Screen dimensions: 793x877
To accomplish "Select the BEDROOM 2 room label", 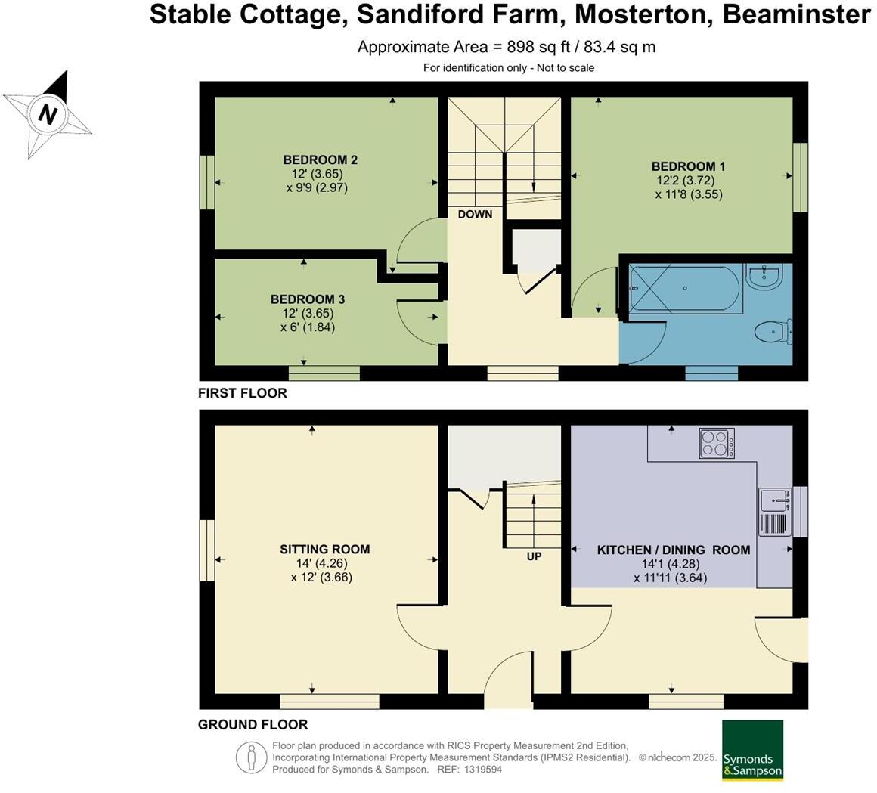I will point(320,160).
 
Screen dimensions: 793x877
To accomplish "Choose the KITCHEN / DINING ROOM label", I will point(673,550).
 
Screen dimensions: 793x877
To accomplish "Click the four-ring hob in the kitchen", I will point(714,442).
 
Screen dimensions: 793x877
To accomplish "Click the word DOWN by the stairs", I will point(475,215).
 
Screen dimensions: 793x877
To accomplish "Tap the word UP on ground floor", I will point(535,556).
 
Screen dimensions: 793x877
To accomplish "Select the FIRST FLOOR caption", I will point(242,393).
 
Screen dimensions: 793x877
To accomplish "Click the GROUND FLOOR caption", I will point(253,724).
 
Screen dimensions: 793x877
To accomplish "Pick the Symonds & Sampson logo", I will point(752,750).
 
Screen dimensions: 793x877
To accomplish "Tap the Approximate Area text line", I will point(506,47).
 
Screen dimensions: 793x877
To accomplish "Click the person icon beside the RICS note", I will point(250,757).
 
